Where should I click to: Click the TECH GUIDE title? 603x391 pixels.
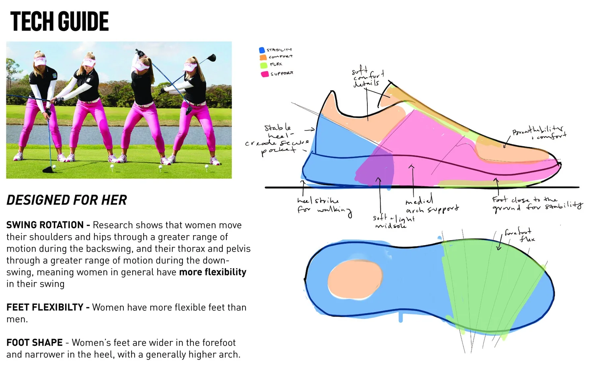tap(59, 21)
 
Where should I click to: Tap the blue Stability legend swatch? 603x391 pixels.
tap(262, 50)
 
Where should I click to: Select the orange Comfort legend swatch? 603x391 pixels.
tap(263, 57)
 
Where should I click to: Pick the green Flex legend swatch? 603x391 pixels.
tap(263, 65)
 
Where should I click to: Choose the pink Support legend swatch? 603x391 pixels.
tap(264, 74)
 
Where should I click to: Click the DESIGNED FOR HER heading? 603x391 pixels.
tap(67, 200)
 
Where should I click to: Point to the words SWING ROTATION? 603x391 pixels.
tap(45, 225)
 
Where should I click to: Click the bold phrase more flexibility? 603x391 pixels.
tap(213, 272)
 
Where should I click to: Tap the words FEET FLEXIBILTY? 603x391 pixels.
tap(45, 308)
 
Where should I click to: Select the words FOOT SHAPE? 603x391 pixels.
tap(35, 343)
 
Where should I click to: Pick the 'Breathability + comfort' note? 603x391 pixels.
tap(539, 132)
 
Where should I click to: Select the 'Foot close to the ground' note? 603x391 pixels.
tap(537, 204)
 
